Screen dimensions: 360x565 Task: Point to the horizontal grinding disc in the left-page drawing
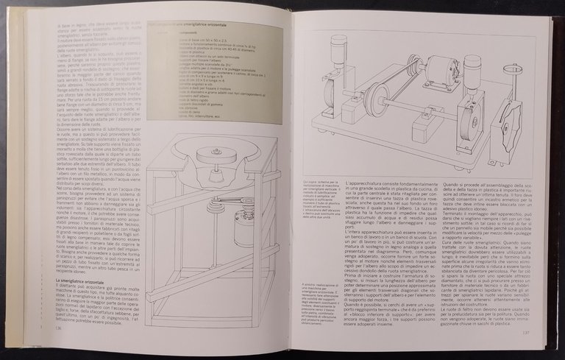pyautogui.click(x=218, y=157)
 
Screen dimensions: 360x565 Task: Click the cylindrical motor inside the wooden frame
pyautogui.click(x=245, y=221)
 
